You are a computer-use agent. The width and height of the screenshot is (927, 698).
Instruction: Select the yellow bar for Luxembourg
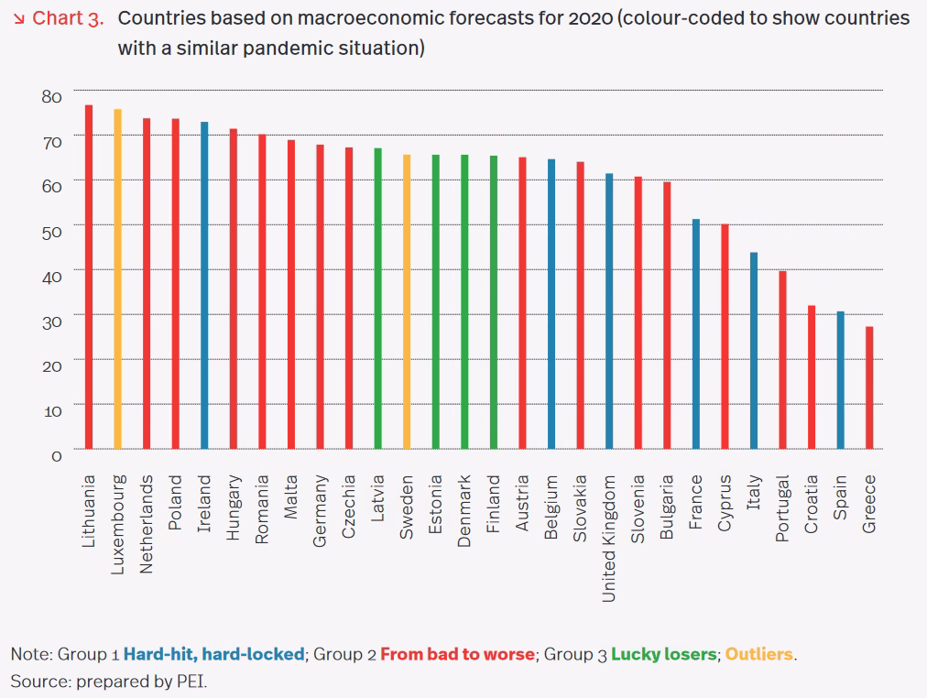pos(117,279)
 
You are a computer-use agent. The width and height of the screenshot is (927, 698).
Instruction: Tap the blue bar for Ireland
pos(204,285)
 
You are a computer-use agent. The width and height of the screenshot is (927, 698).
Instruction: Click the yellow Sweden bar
pos(407,301)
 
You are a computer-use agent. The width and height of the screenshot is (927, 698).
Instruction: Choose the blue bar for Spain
pos(840,380)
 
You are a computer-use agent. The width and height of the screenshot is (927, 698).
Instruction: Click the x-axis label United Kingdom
pos(609,538)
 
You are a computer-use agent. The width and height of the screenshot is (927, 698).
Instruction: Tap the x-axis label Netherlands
pos(147,523)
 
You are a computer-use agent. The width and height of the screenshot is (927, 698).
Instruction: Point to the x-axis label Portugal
pos(782,508)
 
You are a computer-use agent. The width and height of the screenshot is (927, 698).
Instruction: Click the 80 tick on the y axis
pos(50,96)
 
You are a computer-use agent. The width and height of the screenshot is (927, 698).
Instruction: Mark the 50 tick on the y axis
pos(50,231)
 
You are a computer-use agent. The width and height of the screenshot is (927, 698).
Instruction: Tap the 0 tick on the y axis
pos(56,455)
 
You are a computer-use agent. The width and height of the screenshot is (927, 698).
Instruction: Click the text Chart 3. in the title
pos(67,19)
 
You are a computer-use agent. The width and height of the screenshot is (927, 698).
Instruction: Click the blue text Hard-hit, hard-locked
pos(213,655)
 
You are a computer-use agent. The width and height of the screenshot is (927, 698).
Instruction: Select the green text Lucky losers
pos(664,655)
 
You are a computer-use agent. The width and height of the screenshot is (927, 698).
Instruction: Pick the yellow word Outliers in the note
pos(760,655)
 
